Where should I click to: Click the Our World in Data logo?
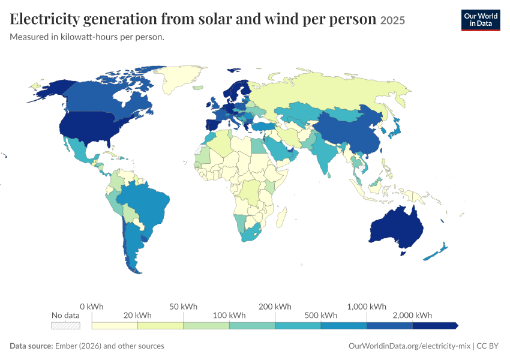pos(481,20)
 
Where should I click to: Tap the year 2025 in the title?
pos(392,20)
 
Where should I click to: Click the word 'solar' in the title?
pos(215,19)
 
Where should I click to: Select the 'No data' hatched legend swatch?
pos(65,325)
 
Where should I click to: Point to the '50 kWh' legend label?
pos(183,307)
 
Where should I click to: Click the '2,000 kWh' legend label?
pos(412,315)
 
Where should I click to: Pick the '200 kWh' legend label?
pos(275,307)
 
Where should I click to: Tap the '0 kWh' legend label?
pos(92,307)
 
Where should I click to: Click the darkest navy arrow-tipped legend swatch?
pos(436,325)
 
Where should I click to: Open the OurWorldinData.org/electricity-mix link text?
pos(409,346)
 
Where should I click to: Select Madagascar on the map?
pos(281,217)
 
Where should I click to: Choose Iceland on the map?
pos(198,88)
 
